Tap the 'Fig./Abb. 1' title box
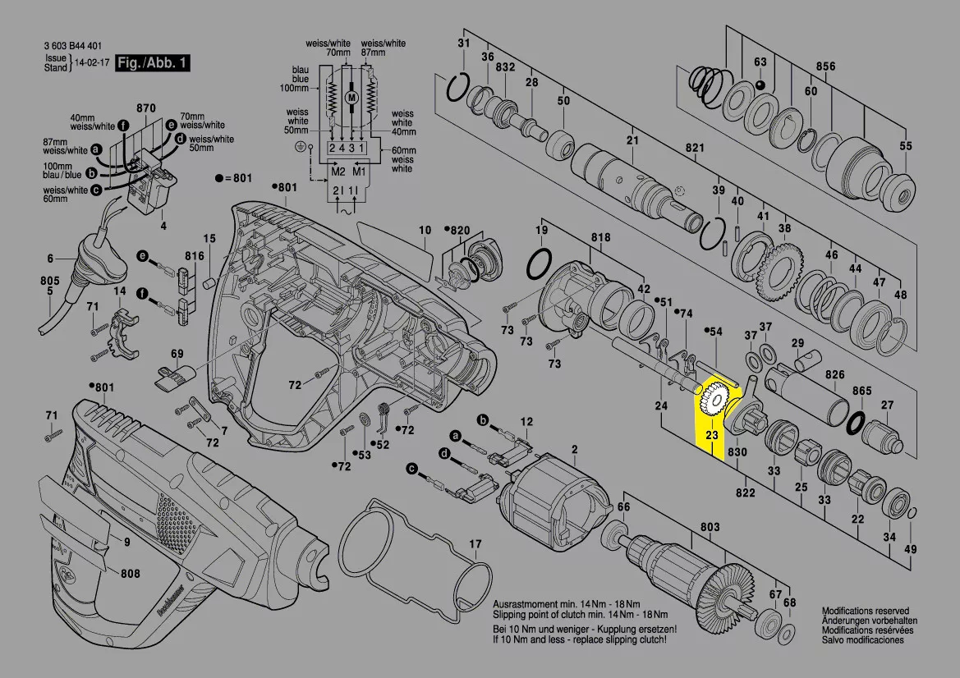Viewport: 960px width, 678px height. point(153,63)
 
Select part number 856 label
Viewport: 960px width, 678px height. point(825,66)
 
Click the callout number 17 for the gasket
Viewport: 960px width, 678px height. point(475,544)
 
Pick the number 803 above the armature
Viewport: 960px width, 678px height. point(710,527)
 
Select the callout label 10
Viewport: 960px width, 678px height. point(425,230)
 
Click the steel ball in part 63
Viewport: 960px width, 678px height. point(760,85)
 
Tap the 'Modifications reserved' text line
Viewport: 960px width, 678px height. point(866,612)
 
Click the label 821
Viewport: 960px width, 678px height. point(696,148)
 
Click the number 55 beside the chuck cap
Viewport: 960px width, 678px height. point(905,146)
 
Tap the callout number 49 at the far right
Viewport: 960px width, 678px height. point(910,549)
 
